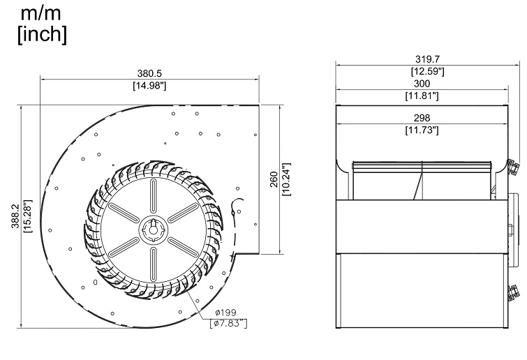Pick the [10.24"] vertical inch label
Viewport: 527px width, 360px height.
pyautogui.click(x=285, y=180)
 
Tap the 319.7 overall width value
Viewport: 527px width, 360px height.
pyautogui.click(x=422, y=59)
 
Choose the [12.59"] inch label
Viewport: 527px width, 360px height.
pyautogui.click(x=422, y=71)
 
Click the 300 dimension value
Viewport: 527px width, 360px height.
pyautogui.click(x=422, y=84)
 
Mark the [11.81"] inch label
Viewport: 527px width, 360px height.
pyautogui.click(x=422, y=96)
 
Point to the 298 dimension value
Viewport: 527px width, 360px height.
pyautogui.click(x=422, y=118)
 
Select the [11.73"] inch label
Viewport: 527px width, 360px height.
pyautogui.click(x=422, y=130)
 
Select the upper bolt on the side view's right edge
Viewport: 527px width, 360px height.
pyautogui.click(x=515, y=165)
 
